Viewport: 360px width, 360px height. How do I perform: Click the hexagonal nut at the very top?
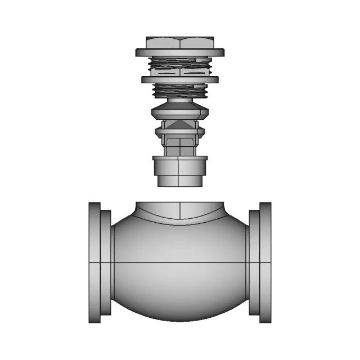pos(179,42)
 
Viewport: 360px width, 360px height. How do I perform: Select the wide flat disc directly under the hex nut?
pos(179,52)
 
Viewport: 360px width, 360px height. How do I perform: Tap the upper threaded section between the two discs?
pos(179,66)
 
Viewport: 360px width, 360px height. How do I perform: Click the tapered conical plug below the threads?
pos(179,109)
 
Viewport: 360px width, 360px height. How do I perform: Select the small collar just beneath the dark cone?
pos(179,133)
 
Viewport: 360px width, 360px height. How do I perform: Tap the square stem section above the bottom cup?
pos(179,147)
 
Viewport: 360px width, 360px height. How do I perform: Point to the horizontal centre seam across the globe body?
pos(179,263)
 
